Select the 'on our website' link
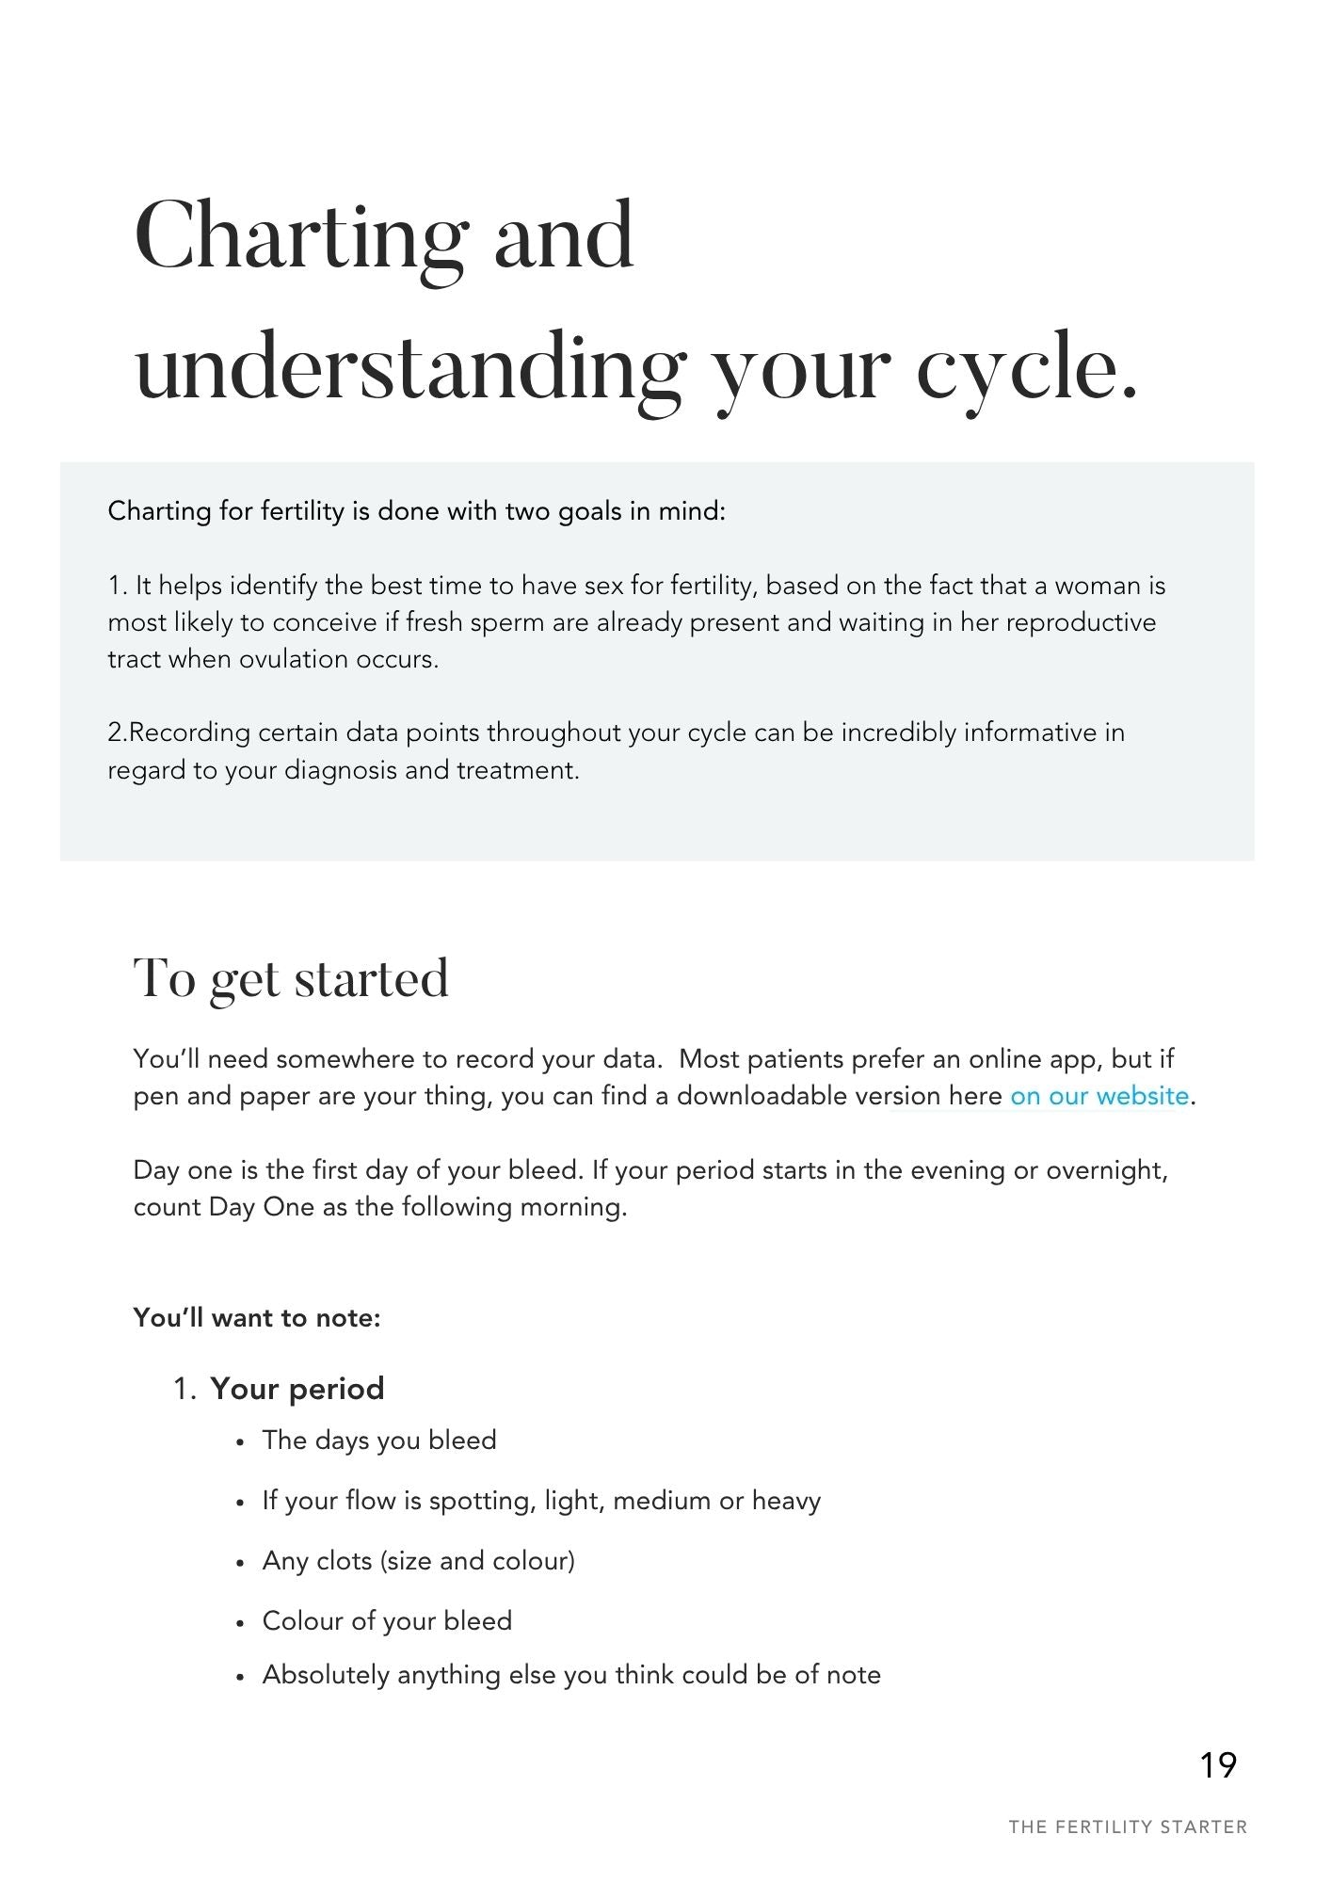[x=1098, y=1097]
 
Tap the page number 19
[x=1218, y=1765]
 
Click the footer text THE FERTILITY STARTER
[x=1128, y=1827]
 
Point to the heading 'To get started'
[x=291, y=979]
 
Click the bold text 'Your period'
[x=297, y=1389]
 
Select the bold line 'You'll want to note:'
[x=257, y=1317]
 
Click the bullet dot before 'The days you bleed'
[x=241, y=1442]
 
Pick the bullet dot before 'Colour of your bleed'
[x=241, y=1623]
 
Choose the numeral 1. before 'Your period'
[x=184, y=1389]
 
